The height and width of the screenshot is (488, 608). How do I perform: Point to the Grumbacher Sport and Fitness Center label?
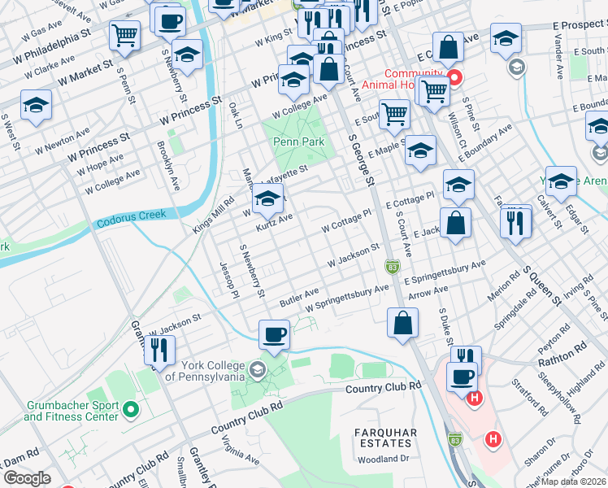tap(71, 410)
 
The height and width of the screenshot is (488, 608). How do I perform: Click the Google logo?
tap(28, 478)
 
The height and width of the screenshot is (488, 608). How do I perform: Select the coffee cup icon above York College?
tap(274, 333)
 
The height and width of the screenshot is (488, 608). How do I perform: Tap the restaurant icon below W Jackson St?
tap(159, 349)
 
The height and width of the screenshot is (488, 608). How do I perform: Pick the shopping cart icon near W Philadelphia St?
tap(124, 34)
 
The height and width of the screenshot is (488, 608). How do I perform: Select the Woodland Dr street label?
tap(383, 459)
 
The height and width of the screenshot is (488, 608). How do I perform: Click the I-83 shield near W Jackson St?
tap(393, 266)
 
